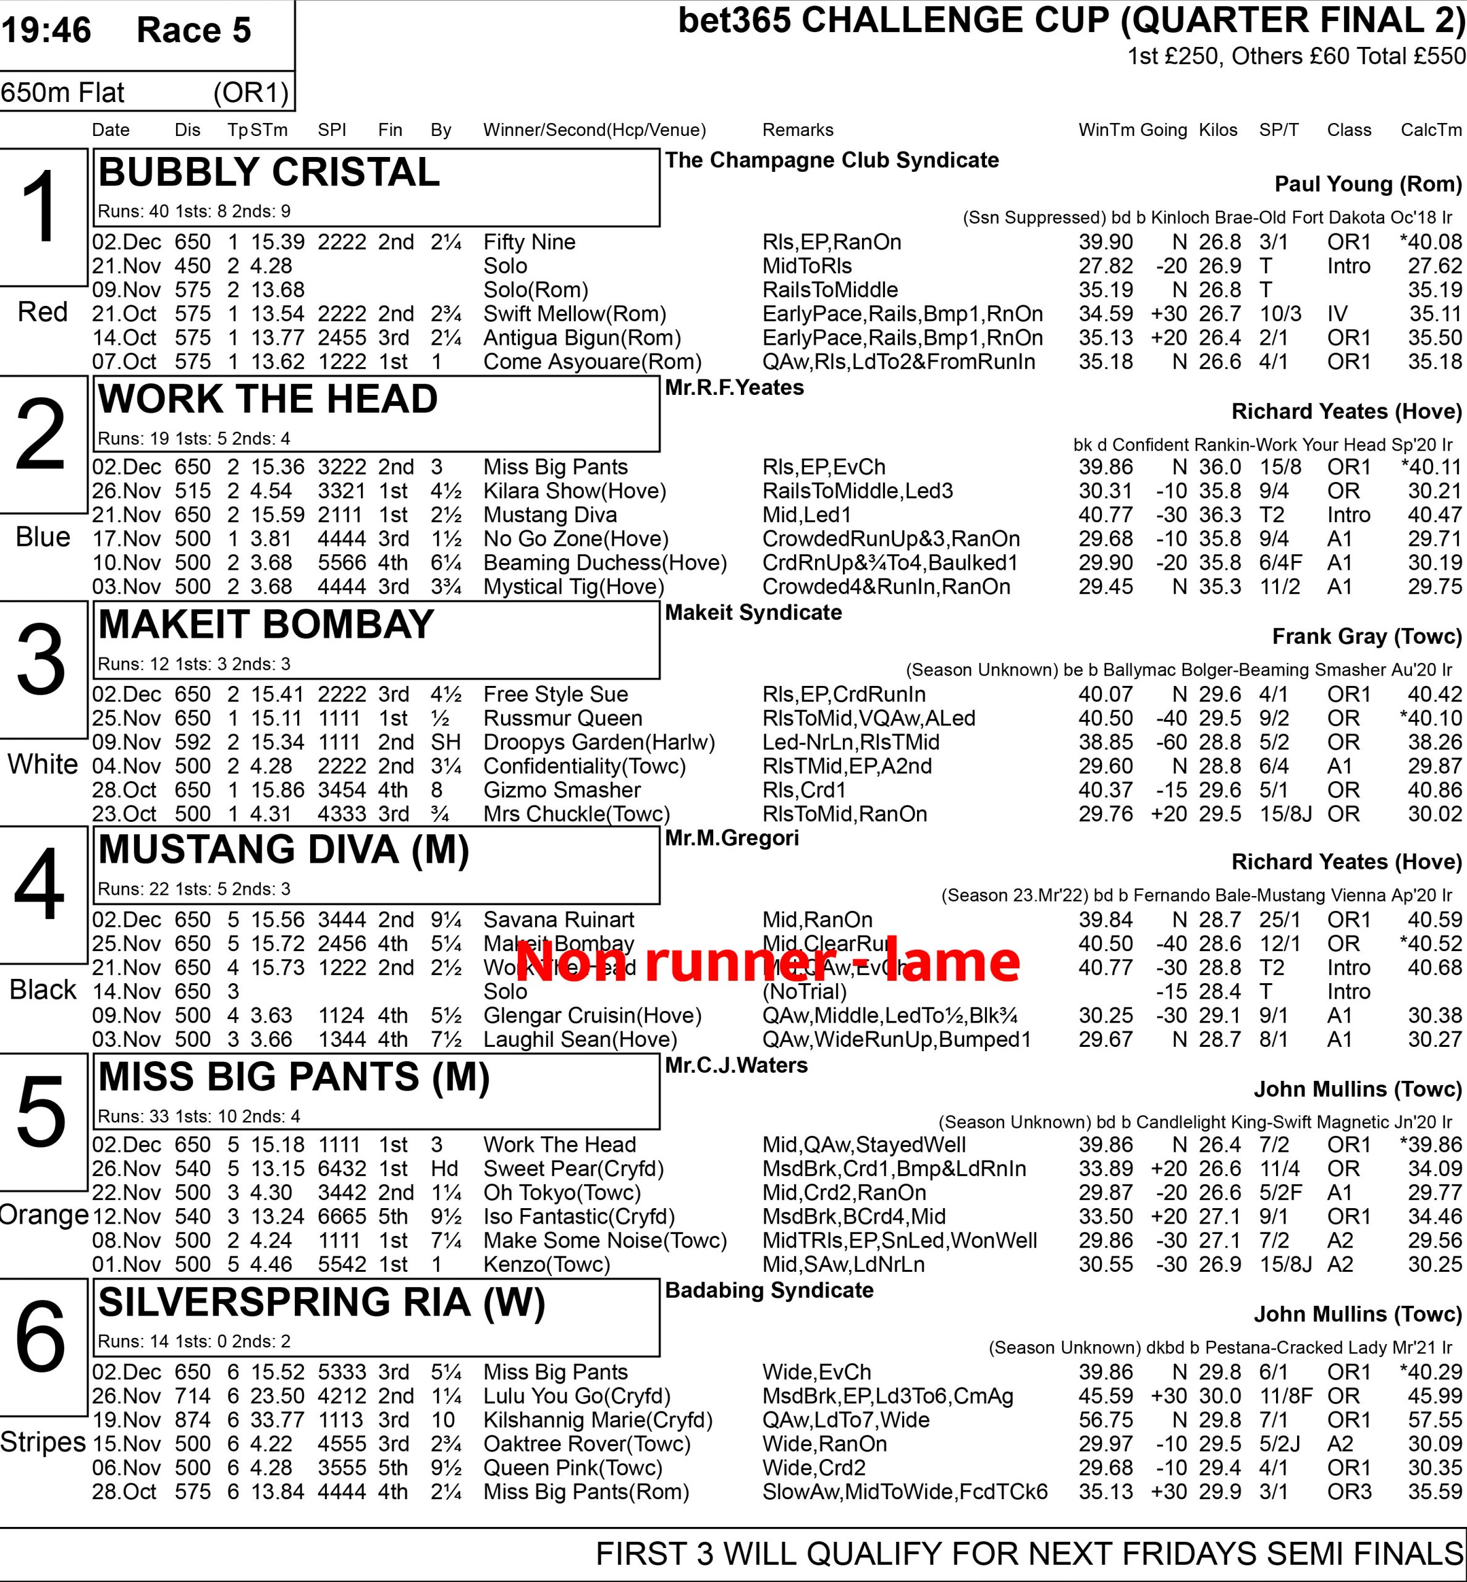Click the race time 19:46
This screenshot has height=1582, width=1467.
(46, 30)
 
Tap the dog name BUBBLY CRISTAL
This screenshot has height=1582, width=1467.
(268, 172)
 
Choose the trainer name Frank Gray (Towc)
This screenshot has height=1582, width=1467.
(1366, 637)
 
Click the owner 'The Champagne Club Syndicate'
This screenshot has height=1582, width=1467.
(831, 160)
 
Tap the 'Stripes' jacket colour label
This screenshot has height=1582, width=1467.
(43, 1442)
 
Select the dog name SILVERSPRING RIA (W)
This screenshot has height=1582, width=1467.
(321, 1303)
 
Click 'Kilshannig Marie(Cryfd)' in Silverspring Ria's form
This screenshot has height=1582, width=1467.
(598, 1419)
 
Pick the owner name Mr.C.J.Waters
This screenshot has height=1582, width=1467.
(736, 1065)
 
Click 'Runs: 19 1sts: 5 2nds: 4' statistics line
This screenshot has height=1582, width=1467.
(193, 438)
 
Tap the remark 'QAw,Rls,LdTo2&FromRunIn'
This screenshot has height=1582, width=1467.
(898, 362)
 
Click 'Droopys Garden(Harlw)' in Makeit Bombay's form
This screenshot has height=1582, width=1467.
(599, 742)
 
